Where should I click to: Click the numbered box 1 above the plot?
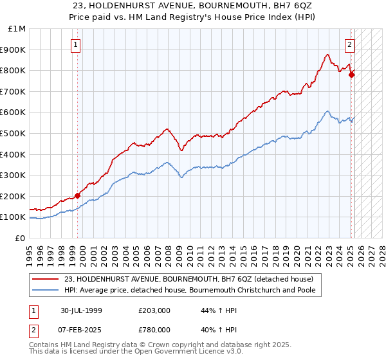click(x=76, y=45)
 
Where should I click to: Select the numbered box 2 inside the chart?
click(x=349, y=45)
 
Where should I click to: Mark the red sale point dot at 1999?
click(x=78, y=195)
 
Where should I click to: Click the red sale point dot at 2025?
click(x=351, y=75)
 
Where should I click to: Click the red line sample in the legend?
click(x=46, y=279)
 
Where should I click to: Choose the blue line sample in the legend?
click(x=46, y=290)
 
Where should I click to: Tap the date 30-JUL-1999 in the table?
click(x=81, y=310)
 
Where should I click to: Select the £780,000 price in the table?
click(x=154, y=330)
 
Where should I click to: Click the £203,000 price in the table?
click(x=154, y=310)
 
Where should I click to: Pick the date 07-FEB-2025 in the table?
click(x=82, y=330)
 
